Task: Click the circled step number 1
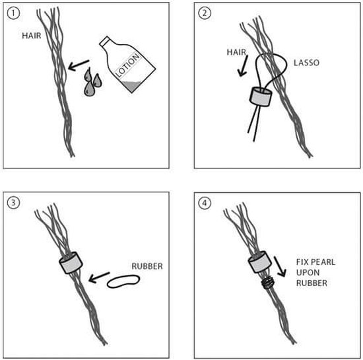click(x=13, y=13)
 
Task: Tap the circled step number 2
click(x=205, y=13)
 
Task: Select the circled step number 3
click(x=13, y=203)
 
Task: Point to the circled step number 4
click(x=205, y=203)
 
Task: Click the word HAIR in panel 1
click(x=32, y=36)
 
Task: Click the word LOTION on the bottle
click(x=127, y=65)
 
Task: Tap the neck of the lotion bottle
click(x=106, y=41)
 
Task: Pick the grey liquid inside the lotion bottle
click(x=131, y=86)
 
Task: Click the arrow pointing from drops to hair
click(x=79, y=65)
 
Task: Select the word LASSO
click(x=306, y=63)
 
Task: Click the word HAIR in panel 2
click(x=236, y=52)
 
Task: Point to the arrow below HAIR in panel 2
click(x=243, y=66)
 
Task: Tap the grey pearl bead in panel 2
click(x=261, y=96)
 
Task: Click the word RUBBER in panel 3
click(x=147, y=266)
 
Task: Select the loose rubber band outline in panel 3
click(x=123, y=281)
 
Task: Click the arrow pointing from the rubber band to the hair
click(x=99, y=277)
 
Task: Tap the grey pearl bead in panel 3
click(x=71, y=263)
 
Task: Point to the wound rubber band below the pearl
click(x=267, y=283)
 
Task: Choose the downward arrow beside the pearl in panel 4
click(x=280, y=266)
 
